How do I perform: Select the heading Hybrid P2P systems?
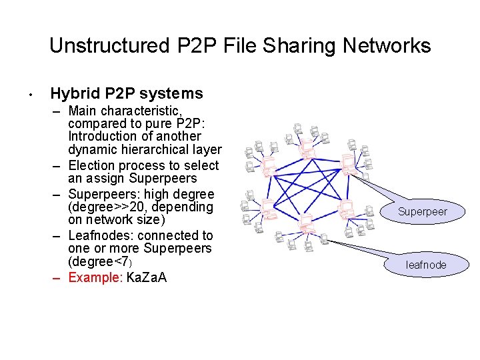(x=127, y=93)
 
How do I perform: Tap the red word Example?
(x=96, y=277)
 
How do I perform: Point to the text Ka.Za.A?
(x=147, y=277)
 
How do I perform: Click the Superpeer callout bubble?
(x=422, y=212)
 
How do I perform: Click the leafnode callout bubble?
(x=426, y=265)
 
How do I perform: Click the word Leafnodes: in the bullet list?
(x=98, y=235)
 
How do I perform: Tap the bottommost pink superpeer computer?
(x=307, y=227)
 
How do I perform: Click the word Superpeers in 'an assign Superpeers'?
(x=163, y=179)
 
